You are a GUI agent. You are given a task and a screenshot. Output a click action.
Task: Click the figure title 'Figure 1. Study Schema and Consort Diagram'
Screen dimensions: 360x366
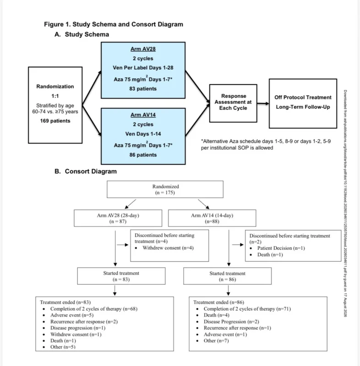point(114,24)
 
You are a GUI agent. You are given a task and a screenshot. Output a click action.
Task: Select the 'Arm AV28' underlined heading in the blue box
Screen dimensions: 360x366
point(143,49)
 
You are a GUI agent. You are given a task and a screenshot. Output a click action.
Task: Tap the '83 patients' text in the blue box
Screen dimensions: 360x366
point(143,89)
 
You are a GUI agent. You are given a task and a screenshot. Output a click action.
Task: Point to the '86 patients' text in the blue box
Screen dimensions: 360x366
point(143,155)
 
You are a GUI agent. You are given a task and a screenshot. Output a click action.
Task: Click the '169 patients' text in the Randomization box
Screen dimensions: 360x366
point(55,121)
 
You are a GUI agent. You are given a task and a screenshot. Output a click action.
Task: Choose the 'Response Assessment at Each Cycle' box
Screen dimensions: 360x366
point(233,103)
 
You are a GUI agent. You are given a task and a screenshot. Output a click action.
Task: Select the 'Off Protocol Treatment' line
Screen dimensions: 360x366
point(303,97)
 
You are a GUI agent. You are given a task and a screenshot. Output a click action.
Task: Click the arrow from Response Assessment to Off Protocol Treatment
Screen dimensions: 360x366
point(263,103)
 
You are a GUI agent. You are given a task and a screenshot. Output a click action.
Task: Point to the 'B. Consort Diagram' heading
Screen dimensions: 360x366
point(86,171)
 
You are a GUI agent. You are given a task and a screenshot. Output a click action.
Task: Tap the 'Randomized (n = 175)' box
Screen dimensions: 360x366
point(165,189)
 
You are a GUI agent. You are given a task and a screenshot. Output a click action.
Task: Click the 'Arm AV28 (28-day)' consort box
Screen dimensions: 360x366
point(118,218)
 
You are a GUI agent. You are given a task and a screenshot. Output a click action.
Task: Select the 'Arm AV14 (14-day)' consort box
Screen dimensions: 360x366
point(212,218)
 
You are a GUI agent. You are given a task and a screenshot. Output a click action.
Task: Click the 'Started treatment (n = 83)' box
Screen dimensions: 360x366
point(121,276)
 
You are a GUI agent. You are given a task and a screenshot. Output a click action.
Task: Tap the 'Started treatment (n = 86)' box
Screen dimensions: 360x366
point(227,276)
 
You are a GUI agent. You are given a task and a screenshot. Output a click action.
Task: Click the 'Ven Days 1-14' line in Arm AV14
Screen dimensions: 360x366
point(143,134)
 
